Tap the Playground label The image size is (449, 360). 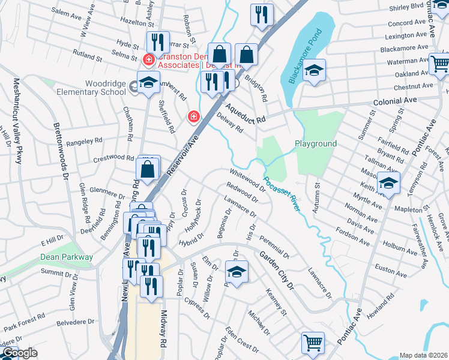point(315,144)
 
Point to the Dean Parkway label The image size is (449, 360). point(67,257)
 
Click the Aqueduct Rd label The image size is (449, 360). point(245,113)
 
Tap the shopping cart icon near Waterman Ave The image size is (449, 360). point(440,62)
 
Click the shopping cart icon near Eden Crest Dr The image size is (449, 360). point(312,343)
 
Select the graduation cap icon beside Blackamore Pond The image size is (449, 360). point(314,70)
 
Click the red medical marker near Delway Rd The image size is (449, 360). point(193,116)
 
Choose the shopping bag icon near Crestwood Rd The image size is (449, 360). point(148,170)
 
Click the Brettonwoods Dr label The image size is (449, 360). point(61,144)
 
